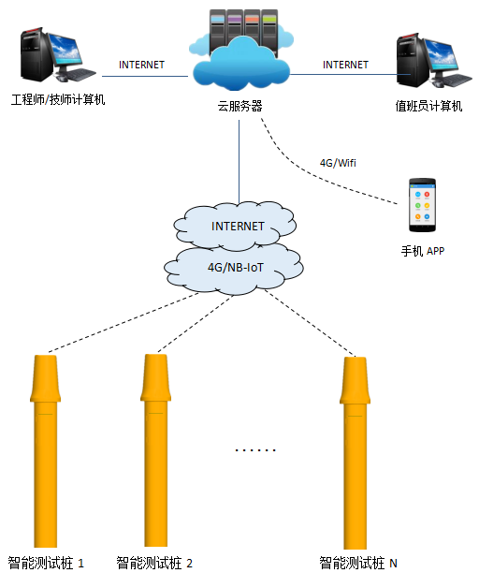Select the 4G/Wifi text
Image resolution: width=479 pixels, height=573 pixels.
point(339,163)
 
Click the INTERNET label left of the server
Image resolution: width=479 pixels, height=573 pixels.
point(142,65)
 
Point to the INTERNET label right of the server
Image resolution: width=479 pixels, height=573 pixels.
point(345,65)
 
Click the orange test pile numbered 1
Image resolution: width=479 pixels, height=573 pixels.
point(46,449)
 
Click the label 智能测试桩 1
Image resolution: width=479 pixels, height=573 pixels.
point(46,563)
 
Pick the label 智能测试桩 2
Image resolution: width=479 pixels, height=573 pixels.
point(154,563)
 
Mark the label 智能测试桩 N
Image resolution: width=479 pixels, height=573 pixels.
point(358,563)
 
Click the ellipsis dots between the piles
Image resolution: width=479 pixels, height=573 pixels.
point(255,450)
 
